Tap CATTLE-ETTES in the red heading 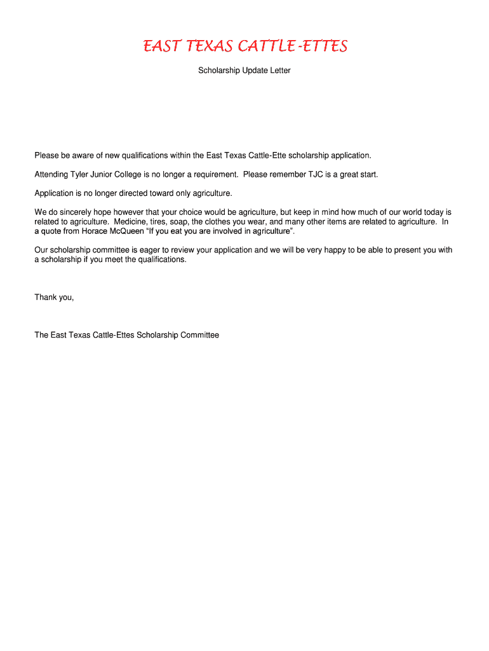tap(293, 47)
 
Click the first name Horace tap(95, 231)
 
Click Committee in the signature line tap(199, 335)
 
